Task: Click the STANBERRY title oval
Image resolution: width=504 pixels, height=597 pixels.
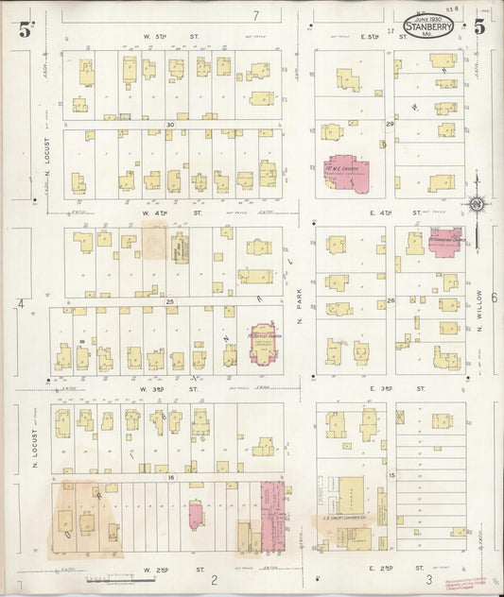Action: (427, 26)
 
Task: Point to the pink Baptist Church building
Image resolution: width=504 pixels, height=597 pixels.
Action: (262, 342)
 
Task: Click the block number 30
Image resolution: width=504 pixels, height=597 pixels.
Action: (171, 125)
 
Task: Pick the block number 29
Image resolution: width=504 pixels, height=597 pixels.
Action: (389, 125)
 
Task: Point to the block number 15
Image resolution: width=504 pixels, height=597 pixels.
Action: (391, 475)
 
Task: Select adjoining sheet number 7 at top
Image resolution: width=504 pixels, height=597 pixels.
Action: (255, 16)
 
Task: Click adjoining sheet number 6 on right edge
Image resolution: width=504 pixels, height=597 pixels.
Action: (493, 298)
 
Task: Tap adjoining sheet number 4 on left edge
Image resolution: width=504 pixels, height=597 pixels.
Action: (20, 303)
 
